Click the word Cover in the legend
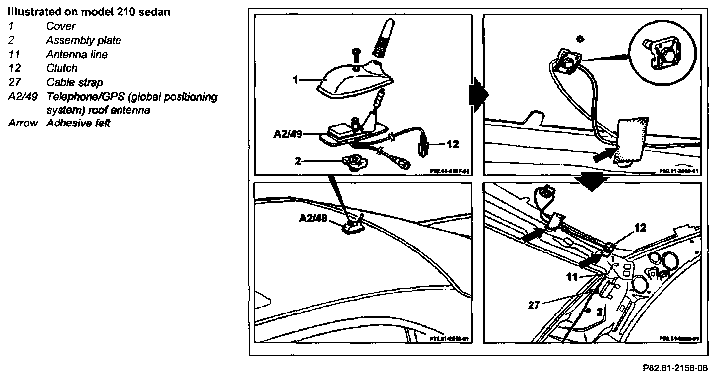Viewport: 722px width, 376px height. click(60, 26)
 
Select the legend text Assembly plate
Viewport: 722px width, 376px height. click(83, 40)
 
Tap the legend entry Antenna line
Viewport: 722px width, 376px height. click(76, 54)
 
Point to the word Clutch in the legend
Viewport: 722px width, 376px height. click(61, 68)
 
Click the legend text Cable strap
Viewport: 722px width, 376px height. click(74, 82)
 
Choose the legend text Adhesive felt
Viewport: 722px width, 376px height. click(78, 123)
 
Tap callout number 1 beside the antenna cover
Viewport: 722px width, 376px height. click(296, 79)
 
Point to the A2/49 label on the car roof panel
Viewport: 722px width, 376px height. click(313, 219)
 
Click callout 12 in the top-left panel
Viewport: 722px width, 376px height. click(452, 144)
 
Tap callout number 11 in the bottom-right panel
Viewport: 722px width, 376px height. click(572, 277)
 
